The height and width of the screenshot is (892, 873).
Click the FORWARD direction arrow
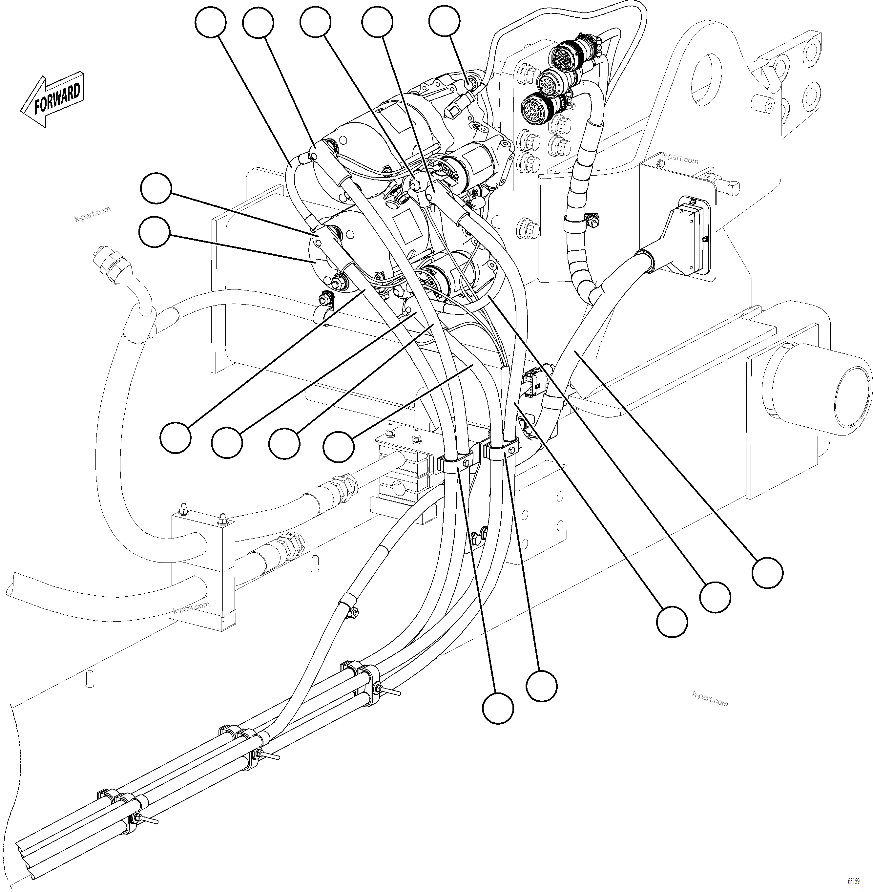pyautogui.click(x=52, y=100)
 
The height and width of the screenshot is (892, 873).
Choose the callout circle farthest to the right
pyautogui.click(x=768, y=572)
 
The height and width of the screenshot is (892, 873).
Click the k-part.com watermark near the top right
pyautogui.click(x=680, y=159)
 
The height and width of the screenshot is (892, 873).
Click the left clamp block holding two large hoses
pyautogui.click(x=203, y=571)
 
